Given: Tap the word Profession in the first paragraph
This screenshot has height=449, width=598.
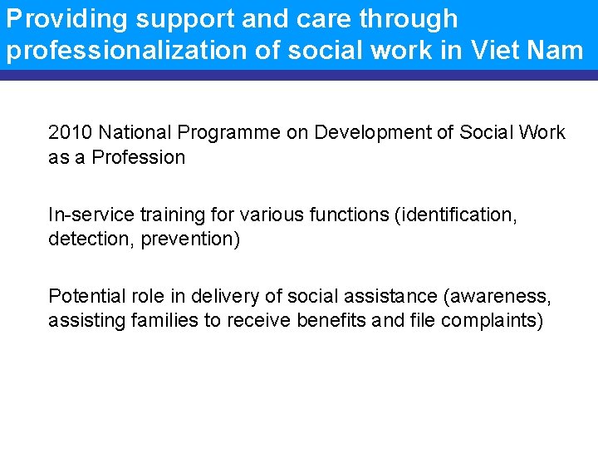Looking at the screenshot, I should (x=139, y=157).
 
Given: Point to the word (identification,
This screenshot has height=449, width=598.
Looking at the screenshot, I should (x=458, y=215).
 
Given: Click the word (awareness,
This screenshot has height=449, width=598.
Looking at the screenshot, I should (x=495, y=296).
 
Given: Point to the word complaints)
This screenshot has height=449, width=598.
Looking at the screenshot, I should (x=492, y=320).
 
